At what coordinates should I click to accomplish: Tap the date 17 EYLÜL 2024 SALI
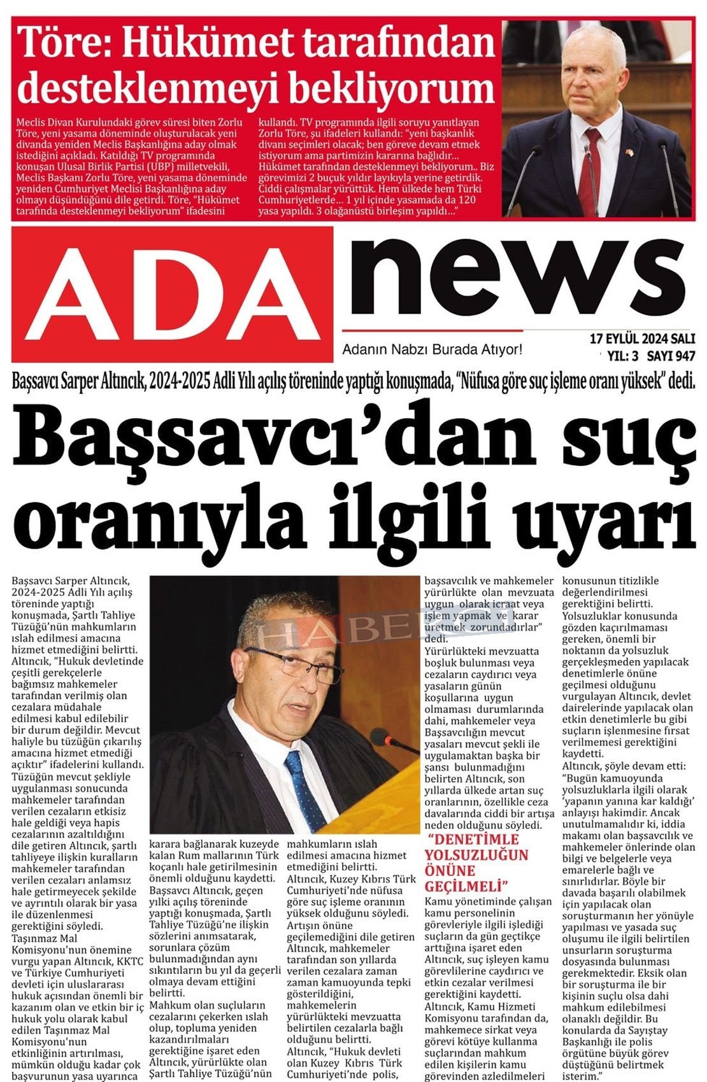coord(642,338)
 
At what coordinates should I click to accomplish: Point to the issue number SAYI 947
coord(673,356)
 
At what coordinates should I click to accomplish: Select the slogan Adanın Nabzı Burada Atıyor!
coord(432,349)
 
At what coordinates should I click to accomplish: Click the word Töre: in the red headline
coord(65,43)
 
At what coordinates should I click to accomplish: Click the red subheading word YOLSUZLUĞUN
coord(476,855)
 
